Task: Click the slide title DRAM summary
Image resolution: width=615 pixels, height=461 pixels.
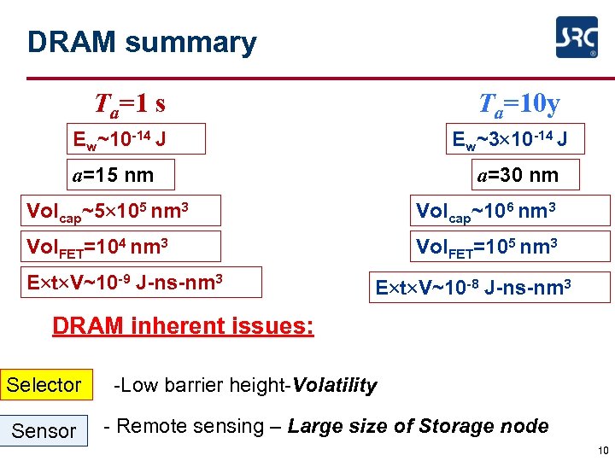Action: (142, 42)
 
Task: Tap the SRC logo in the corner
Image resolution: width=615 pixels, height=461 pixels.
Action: (577, 38)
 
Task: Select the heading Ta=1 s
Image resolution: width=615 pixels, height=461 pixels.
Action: (130, 104)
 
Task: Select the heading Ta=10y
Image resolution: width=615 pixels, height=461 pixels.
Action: (518, 104)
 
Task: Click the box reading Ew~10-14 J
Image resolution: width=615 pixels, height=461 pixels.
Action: (137, 138)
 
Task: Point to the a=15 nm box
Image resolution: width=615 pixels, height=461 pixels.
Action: (121, 175)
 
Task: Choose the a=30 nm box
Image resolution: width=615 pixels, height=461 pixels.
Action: (524, 175)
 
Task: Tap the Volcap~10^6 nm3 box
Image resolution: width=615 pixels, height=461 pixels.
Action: (510, 210)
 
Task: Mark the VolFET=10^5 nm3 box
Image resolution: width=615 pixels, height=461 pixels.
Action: (510, 247)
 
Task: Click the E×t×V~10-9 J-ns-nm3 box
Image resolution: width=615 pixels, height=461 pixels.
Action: (141, 282)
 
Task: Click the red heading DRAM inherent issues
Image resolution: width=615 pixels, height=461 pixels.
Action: (183, 327)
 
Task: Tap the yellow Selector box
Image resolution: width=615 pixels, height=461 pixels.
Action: (44, 385)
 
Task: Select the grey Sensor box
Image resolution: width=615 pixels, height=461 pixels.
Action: (44, 431)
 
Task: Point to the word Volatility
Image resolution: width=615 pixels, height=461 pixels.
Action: (334, 386)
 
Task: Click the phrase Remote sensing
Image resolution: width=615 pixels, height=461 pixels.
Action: (190, 427)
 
